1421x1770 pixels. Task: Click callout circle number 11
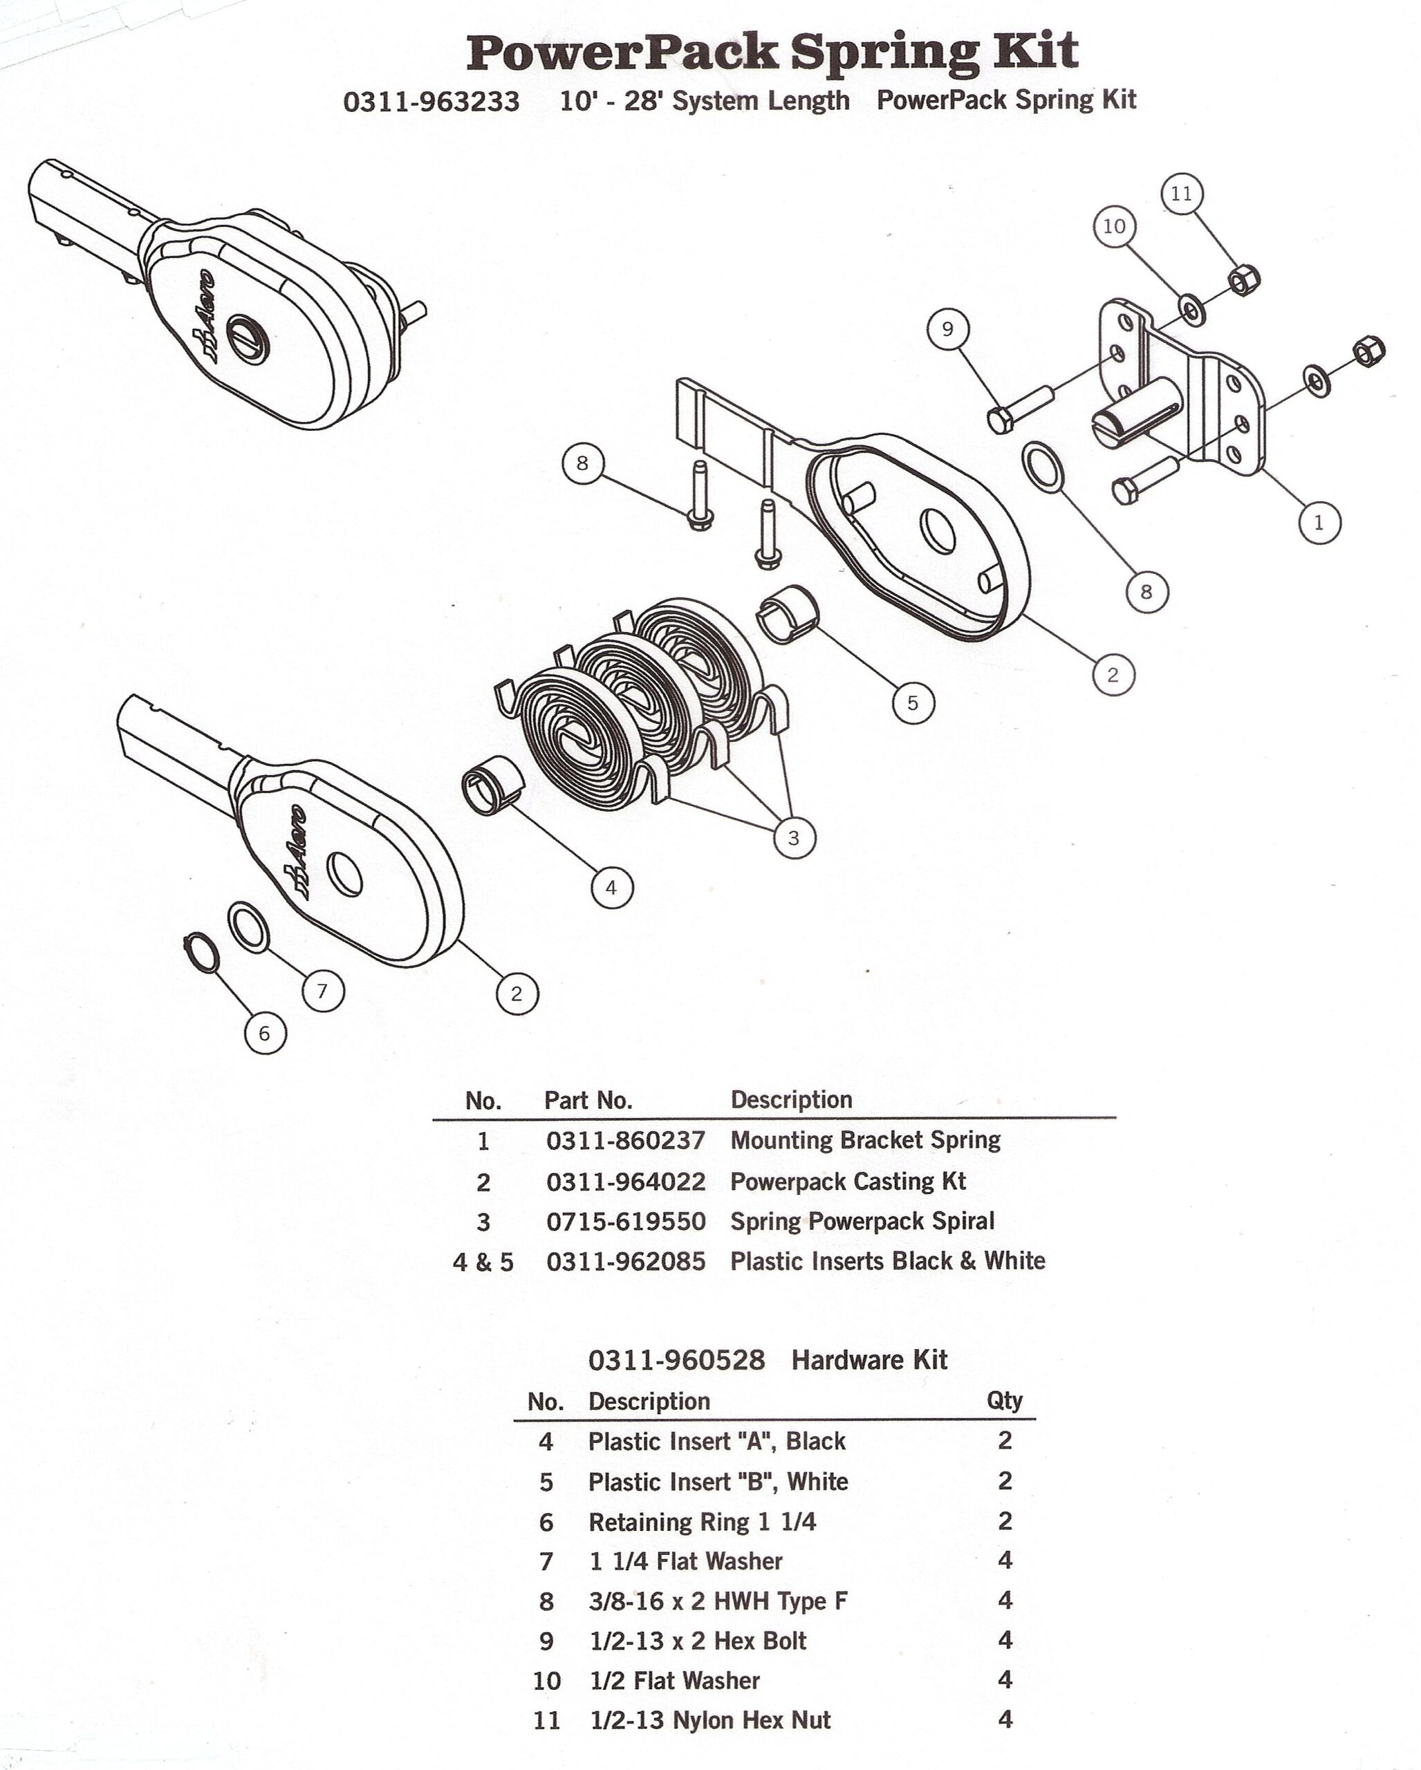point(1181,194)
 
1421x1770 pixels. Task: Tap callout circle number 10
point(1114,226)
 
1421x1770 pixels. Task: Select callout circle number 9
point(947,329)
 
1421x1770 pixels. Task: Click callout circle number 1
point(1319,522)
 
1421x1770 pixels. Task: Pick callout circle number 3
point(794,837)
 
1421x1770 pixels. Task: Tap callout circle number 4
point(611,888)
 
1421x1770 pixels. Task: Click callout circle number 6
point(264,1033)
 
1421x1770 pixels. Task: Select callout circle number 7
point(323,991)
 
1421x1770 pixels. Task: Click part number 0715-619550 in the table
point(626,1222)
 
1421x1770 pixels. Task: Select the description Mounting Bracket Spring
point(865,1139)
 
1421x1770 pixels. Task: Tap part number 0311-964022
point(626,1182)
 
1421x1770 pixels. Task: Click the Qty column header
point(1004,1401)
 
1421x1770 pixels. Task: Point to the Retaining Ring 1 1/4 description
point(702,1521)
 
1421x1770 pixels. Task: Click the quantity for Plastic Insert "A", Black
point(1005,1440)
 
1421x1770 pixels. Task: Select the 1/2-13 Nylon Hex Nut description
point(710,1720)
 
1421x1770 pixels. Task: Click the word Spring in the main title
point(884,53)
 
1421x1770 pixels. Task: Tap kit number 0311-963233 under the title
point(431,102)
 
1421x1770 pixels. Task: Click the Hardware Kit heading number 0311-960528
point(676,1359)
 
